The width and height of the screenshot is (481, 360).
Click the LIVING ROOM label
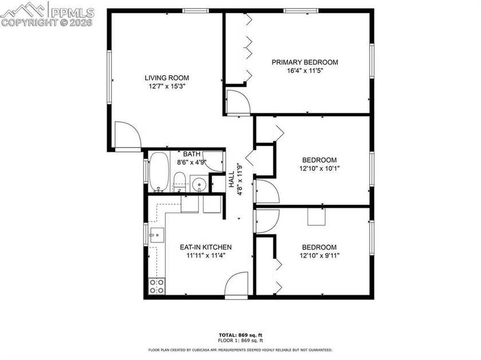pos(167,78)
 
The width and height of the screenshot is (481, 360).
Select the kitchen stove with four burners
pos(157,286)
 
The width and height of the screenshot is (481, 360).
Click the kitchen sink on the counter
pos(156,235)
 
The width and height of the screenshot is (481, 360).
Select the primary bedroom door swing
pos(236,102)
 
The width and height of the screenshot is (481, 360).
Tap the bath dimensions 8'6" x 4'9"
pos(191,162)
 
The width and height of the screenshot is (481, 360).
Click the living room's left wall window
pos(109,77)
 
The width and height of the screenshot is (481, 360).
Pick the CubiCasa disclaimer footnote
pos(240,350)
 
